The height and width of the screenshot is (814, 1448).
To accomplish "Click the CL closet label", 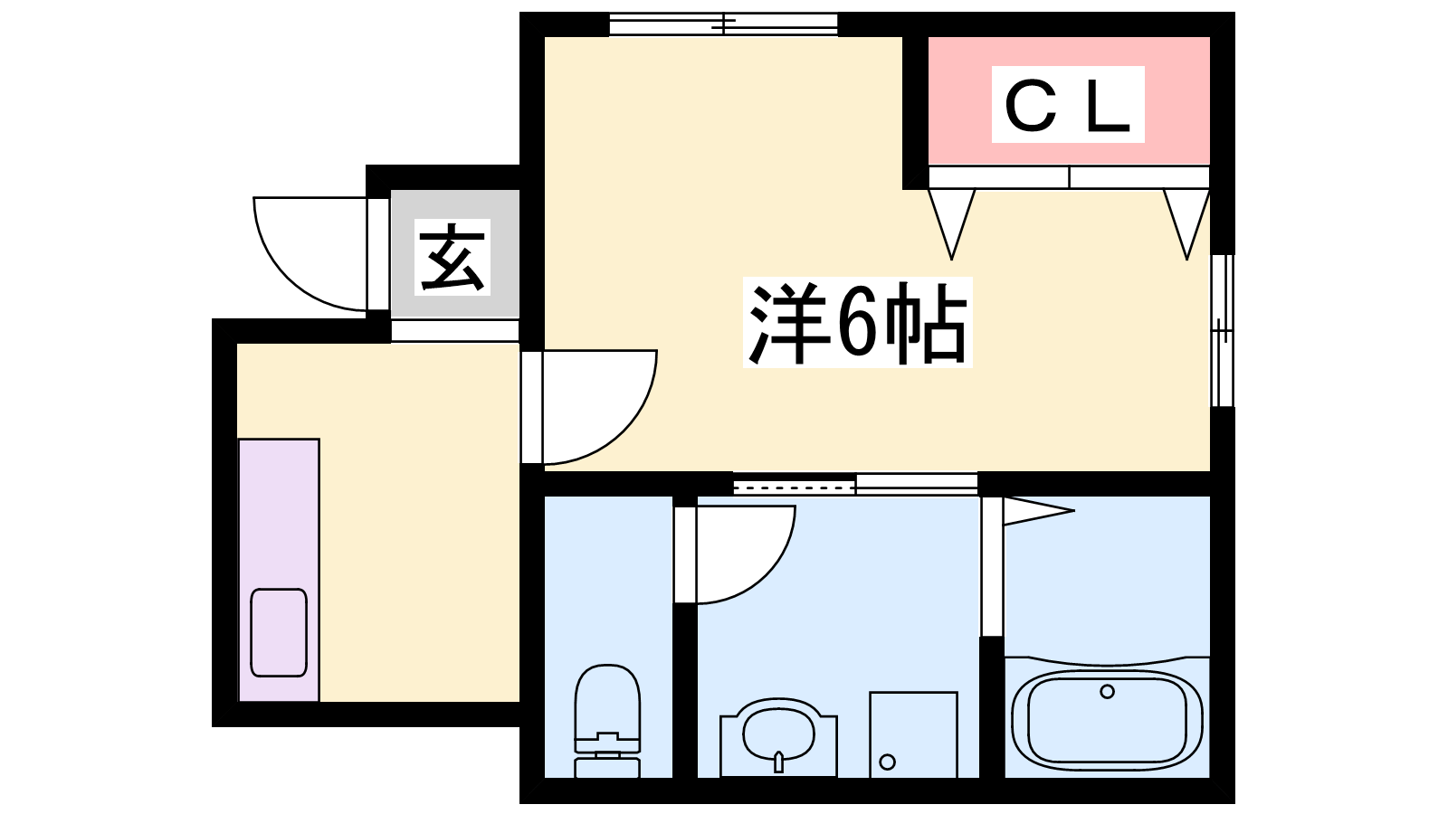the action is [x=1068, y=105].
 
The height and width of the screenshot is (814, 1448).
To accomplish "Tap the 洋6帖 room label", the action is [x=858, y=322].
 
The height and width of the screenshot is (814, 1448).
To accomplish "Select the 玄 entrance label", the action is [x=452, y=257].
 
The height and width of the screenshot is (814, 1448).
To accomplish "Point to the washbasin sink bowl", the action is [x=778, y=735].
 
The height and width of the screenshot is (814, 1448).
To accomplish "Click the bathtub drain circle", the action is [x=1107, y=692].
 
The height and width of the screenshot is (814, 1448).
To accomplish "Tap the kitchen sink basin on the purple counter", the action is [x=279, y=632].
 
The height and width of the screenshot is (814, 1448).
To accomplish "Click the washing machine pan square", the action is [x=913, y=734].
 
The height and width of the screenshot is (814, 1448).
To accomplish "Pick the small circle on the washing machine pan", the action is [x=888, y=762].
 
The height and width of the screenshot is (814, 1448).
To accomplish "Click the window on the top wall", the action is [x=723, y=24].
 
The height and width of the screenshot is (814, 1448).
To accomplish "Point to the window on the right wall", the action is [x=1222, y=331].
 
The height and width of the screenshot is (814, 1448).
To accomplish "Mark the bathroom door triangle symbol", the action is [x=1038, y=510].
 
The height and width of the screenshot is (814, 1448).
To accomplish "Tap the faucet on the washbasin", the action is [x=778, y=762].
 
